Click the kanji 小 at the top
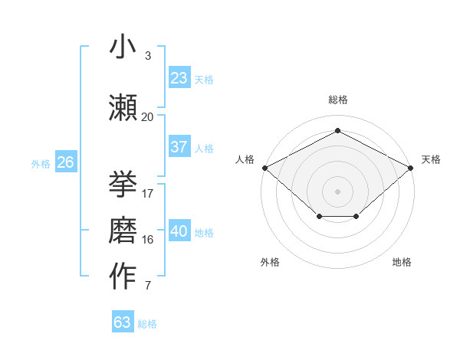click(x=123, y=47)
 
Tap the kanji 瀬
click(x=123, y=107)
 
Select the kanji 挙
click(x=123, y=184)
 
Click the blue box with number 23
click(x=179, y=78)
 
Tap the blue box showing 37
click(x=179, y=147)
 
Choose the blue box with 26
click(x=65, y=162)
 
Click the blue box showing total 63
click(x=123, y=322)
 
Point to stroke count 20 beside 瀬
click(x=147, y=117)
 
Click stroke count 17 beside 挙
click(x=148, y=194)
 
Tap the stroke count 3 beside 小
click(x=147, y=56)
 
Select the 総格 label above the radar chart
click(x=337, y=100)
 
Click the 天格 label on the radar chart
click(x=431, y=159)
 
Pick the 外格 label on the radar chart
click(x=270, y=262)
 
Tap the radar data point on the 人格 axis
click(x=264, y=167)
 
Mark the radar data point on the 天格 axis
click(x=411, y=167)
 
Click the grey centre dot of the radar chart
click(x=337, y=191)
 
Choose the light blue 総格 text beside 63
click(x=147, y=324)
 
